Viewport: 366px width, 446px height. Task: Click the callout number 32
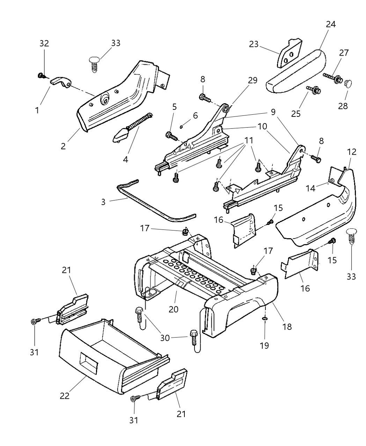click(x=44, y=43)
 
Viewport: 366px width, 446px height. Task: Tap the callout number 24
click(x=330, y=24)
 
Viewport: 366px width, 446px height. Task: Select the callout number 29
click(x=252, y=80)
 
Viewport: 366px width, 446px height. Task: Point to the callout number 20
click(x=174, y=309)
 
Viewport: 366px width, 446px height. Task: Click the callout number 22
click(x=65, y=396)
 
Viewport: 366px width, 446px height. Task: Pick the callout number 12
click(x=352, y=151)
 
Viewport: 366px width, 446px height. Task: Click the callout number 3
click(x=103, y=202)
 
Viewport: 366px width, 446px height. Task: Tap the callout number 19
click(x=264, y=345)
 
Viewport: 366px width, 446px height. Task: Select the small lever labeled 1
click(x=62, y=83)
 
